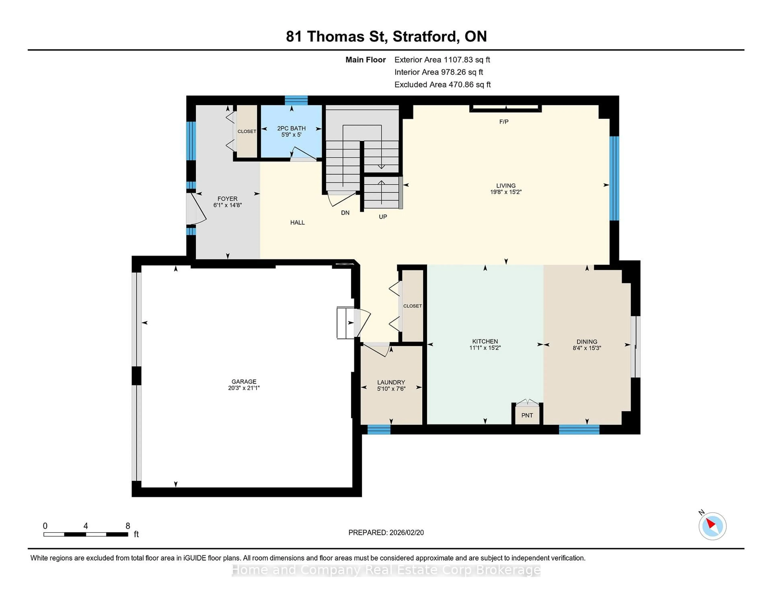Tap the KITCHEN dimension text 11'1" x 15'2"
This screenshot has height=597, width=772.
click(x=485, y=348)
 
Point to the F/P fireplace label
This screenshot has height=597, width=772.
click(x=504, y=122)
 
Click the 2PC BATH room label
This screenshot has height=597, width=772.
click(x=291, y=128)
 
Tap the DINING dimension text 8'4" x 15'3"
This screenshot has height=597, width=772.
click(x=587, y=348)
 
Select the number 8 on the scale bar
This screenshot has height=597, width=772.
click(x=128, y=526)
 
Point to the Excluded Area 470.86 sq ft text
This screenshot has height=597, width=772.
click(x=442, y=84)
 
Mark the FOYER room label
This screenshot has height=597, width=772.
click(x=227, y=199)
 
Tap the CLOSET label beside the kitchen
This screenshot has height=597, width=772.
click(x=412, y=306)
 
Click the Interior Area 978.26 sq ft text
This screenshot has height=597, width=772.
click(x=438, y=72)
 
